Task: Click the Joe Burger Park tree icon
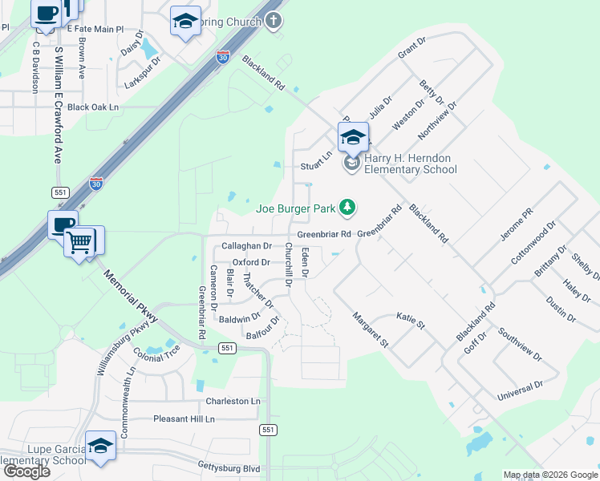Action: click(347, 208)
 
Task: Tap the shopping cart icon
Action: click(81, 240)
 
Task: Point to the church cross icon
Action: click(274, 20)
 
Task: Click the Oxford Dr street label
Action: click(251, 262)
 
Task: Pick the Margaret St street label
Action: click(370, 329)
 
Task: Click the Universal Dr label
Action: click(521, 390)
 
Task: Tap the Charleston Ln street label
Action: click(233, 401)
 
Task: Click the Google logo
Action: click(26, 471)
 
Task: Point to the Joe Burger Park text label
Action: click(295, 208)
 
